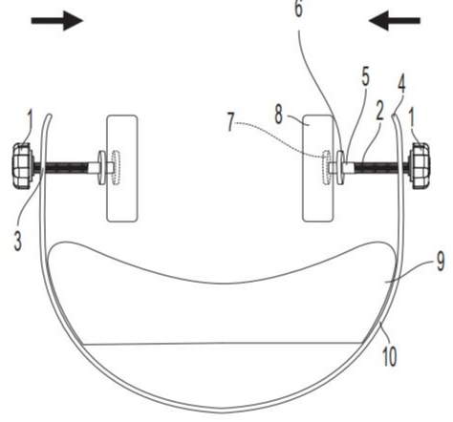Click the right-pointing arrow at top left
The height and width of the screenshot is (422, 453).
pyautogui.click(x=56, y=21)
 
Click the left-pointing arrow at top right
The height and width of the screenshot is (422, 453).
pyautogui.click(x=395, y=21)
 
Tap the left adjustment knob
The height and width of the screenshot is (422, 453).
pyautogui.click(x=23, y=165)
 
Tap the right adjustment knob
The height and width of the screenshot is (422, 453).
pyautogui.click(x=420, y=165)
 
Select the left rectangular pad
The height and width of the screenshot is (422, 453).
pyautogui.click(x=122, y=168)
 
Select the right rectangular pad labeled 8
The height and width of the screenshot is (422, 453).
pyautogui.click(x=317, y=168)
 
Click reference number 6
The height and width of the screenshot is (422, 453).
pyautogui.click(x=298, y=9)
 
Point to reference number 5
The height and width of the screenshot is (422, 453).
pyautogui.click(x=366, y=76)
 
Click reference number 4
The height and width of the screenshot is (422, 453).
pyautogui.click(x=401, y=84)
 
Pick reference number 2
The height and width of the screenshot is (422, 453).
pyautogui.click(x=379, y=111)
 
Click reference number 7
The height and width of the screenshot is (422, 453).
pyautogui.click(x=230, y=122)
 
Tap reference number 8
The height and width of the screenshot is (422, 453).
pyautogui.click(x=279, y=115)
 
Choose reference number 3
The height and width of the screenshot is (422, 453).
pyautogui.click(x=18, y=241)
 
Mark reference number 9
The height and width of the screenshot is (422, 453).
pyautogui.click(x=441, y=263)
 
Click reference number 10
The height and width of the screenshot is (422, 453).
pyautogui.click(x=389, y=356)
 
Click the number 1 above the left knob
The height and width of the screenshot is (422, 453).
pyautogui.click(x=30, y=119)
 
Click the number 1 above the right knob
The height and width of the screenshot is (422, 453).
pyautogui.click(x=412, y=119)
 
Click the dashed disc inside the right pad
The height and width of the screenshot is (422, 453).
pyautogui.click(x=326, y=168)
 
